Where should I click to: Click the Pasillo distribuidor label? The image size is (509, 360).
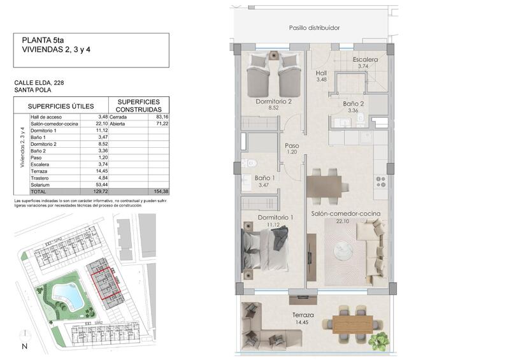click(x=314, y=28)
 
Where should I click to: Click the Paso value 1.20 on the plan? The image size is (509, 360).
click(x=292, y=152)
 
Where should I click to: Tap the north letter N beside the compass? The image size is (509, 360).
click(x=24, y=347)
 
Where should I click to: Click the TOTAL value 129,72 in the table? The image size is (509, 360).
click(x=99, y=191)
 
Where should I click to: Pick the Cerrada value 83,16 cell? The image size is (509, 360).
click(x=162, y=117)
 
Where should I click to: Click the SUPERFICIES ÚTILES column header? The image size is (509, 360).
click(x=61, y=106)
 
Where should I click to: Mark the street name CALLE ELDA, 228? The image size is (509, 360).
click(x=38, y=82)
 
